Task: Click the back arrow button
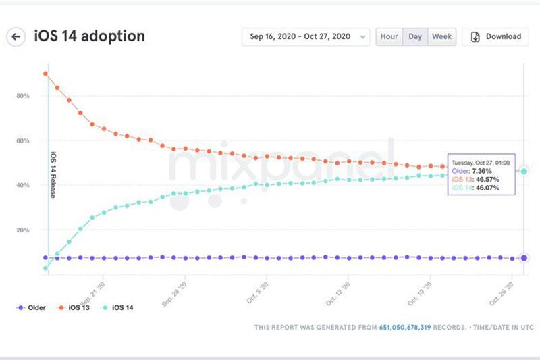[x=16, y=36]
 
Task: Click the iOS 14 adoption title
[x=89, y=36]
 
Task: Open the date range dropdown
[x=306, y=36]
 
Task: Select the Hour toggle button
[x=389, y=36]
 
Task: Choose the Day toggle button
[x=414, y=36]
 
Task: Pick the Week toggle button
[x=442, y=36]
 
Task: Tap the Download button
[x=495, y=36]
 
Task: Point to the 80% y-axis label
[x=22, y=96]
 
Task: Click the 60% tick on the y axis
[x=22, y=140]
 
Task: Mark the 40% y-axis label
[x=22, y=185]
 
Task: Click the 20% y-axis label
[x=22, y=230]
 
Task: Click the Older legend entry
[x=31, y=308]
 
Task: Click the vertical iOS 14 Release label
[x=53, y=174]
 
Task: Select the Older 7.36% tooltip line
[x=475, y=172]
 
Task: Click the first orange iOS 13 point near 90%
[x=45, y=74]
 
